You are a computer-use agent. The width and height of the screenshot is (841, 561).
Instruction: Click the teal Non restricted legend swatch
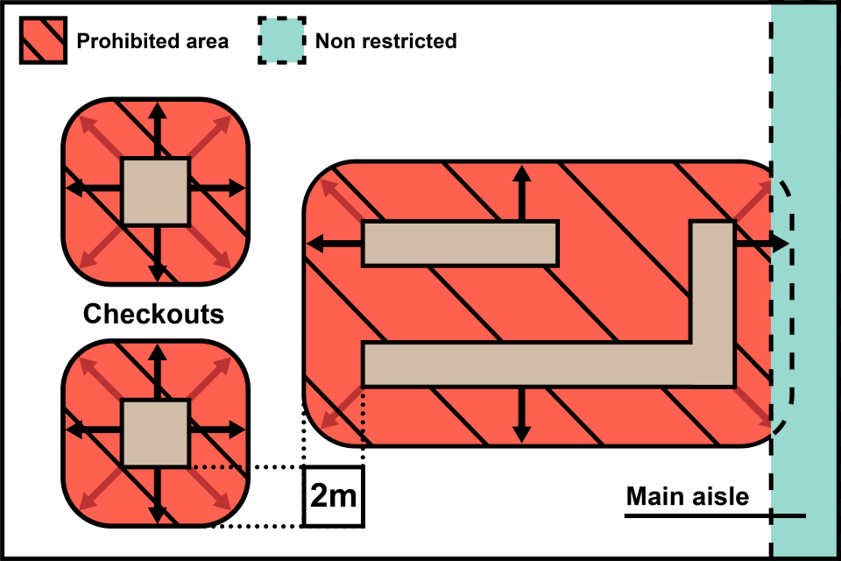click(x=282, y=40)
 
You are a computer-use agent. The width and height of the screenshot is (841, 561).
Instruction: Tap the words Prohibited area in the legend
click(x=152, y=41)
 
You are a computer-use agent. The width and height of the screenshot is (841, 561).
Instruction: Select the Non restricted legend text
click(x=385, y=41)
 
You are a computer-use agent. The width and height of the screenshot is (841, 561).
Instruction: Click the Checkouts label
click(x=153, y=314)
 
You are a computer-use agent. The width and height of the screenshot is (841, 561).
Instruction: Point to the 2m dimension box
click(x=333, y=497)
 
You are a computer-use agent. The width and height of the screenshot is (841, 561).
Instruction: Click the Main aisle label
click(x=688, y=497)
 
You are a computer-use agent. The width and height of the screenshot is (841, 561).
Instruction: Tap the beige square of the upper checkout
click(x=155, y=191)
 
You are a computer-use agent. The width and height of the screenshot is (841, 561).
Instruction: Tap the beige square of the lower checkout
click(x=155, y=433)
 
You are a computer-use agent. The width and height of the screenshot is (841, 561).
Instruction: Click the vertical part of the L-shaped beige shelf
click(x=711, y=280)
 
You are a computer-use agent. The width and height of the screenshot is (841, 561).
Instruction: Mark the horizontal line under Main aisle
click(x=714, y=516)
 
